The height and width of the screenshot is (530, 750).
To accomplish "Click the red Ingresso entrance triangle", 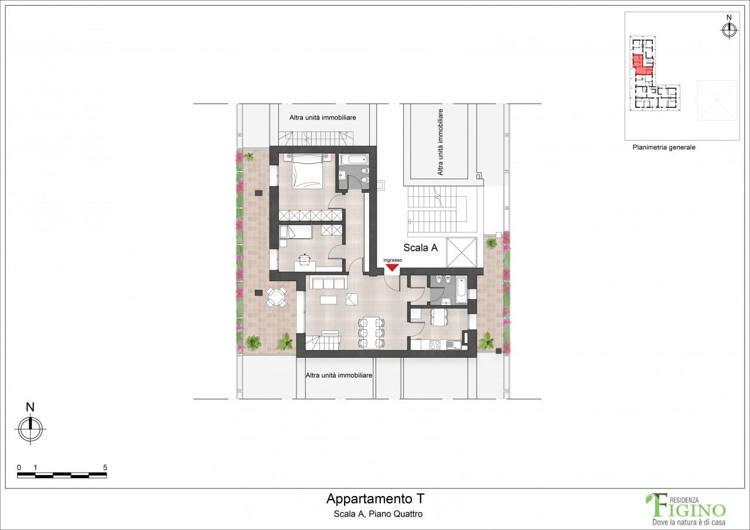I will click(392, 268).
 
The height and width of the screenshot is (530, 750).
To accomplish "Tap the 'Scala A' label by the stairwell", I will click(421, 248).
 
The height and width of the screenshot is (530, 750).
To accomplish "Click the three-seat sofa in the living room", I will click(327, 283).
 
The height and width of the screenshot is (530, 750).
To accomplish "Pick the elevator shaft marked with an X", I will click(463, 254).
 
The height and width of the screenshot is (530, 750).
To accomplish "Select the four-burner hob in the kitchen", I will click(435, 346).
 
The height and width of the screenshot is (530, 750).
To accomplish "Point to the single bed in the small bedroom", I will click(291, 232).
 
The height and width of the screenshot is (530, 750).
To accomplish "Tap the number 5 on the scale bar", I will click(105, 468).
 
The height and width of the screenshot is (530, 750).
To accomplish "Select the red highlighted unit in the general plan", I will click(642, 65).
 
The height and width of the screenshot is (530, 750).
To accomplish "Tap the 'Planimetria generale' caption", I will click(663, 148).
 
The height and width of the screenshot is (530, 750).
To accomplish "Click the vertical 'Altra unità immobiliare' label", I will click(439, 142).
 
